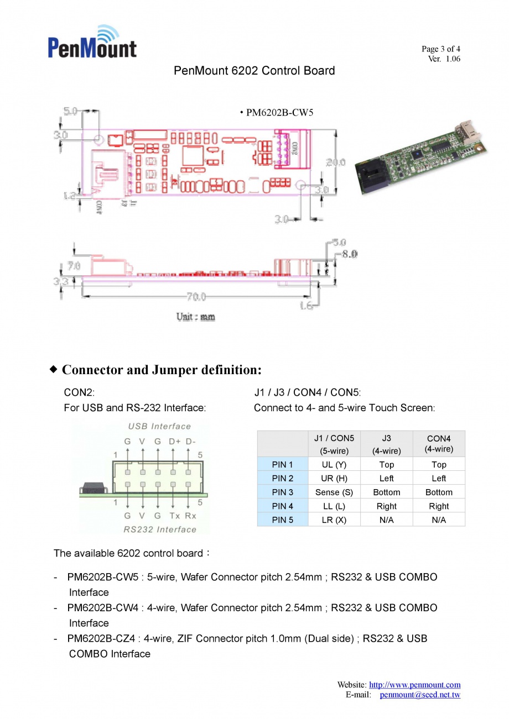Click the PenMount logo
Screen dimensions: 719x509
coord(92,42)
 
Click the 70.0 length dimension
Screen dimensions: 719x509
coord(196,297)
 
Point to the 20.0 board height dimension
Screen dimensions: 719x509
coord(335,162)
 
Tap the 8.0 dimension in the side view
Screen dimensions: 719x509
coord(349,254)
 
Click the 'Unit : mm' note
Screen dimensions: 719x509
coord(195,317)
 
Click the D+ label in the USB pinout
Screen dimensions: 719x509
coord(175,442)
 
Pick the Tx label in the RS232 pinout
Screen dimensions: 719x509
coord(175,516)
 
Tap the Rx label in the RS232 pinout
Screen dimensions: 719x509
coord(190,516)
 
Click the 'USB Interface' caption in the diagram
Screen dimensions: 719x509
coord(159,426)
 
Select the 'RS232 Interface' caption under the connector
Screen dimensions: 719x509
coord(160,529)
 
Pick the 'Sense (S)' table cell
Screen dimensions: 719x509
coord(334,492)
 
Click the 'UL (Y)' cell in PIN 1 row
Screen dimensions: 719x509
coord(334,465)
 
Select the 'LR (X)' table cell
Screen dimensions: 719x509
coord(334,520)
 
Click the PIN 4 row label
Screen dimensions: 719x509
coord(283,506)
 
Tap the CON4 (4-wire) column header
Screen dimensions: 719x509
coord(439,444)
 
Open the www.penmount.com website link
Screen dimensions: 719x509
coord(414,685)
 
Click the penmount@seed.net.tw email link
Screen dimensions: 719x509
coord(420,695)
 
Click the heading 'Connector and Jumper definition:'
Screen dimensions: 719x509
coord(162,370)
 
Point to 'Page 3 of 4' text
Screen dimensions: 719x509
coord(440,49)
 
